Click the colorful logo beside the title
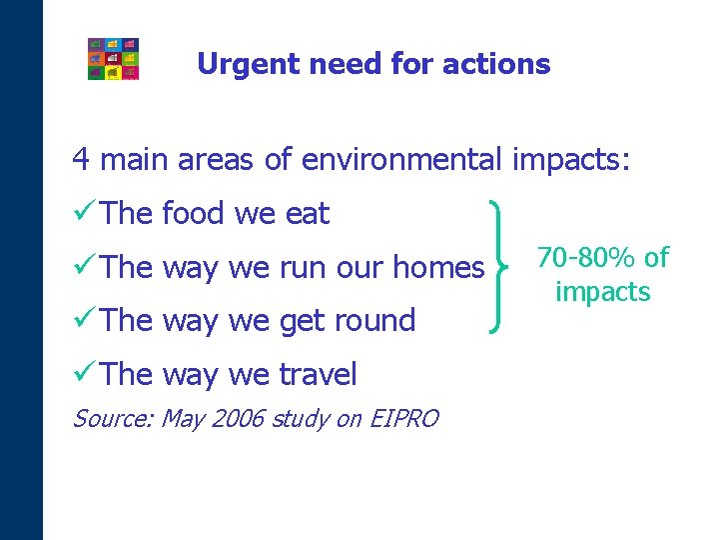tap(113, 59)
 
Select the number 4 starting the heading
tap(80, 159)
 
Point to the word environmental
tap(405, 159)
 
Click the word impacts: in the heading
tap(571, 159)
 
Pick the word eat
tap(308, 213)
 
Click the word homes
tap(438, 267)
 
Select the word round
tap(375, 321)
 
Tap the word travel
tap(318, 375)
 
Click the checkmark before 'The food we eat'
tap(84, 213)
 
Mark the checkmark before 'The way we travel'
tap(84, 375)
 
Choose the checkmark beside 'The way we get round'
tap(84, 321)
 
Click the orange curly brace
tap(500, 266)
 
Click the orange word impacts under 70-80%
tap(602, 292)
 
